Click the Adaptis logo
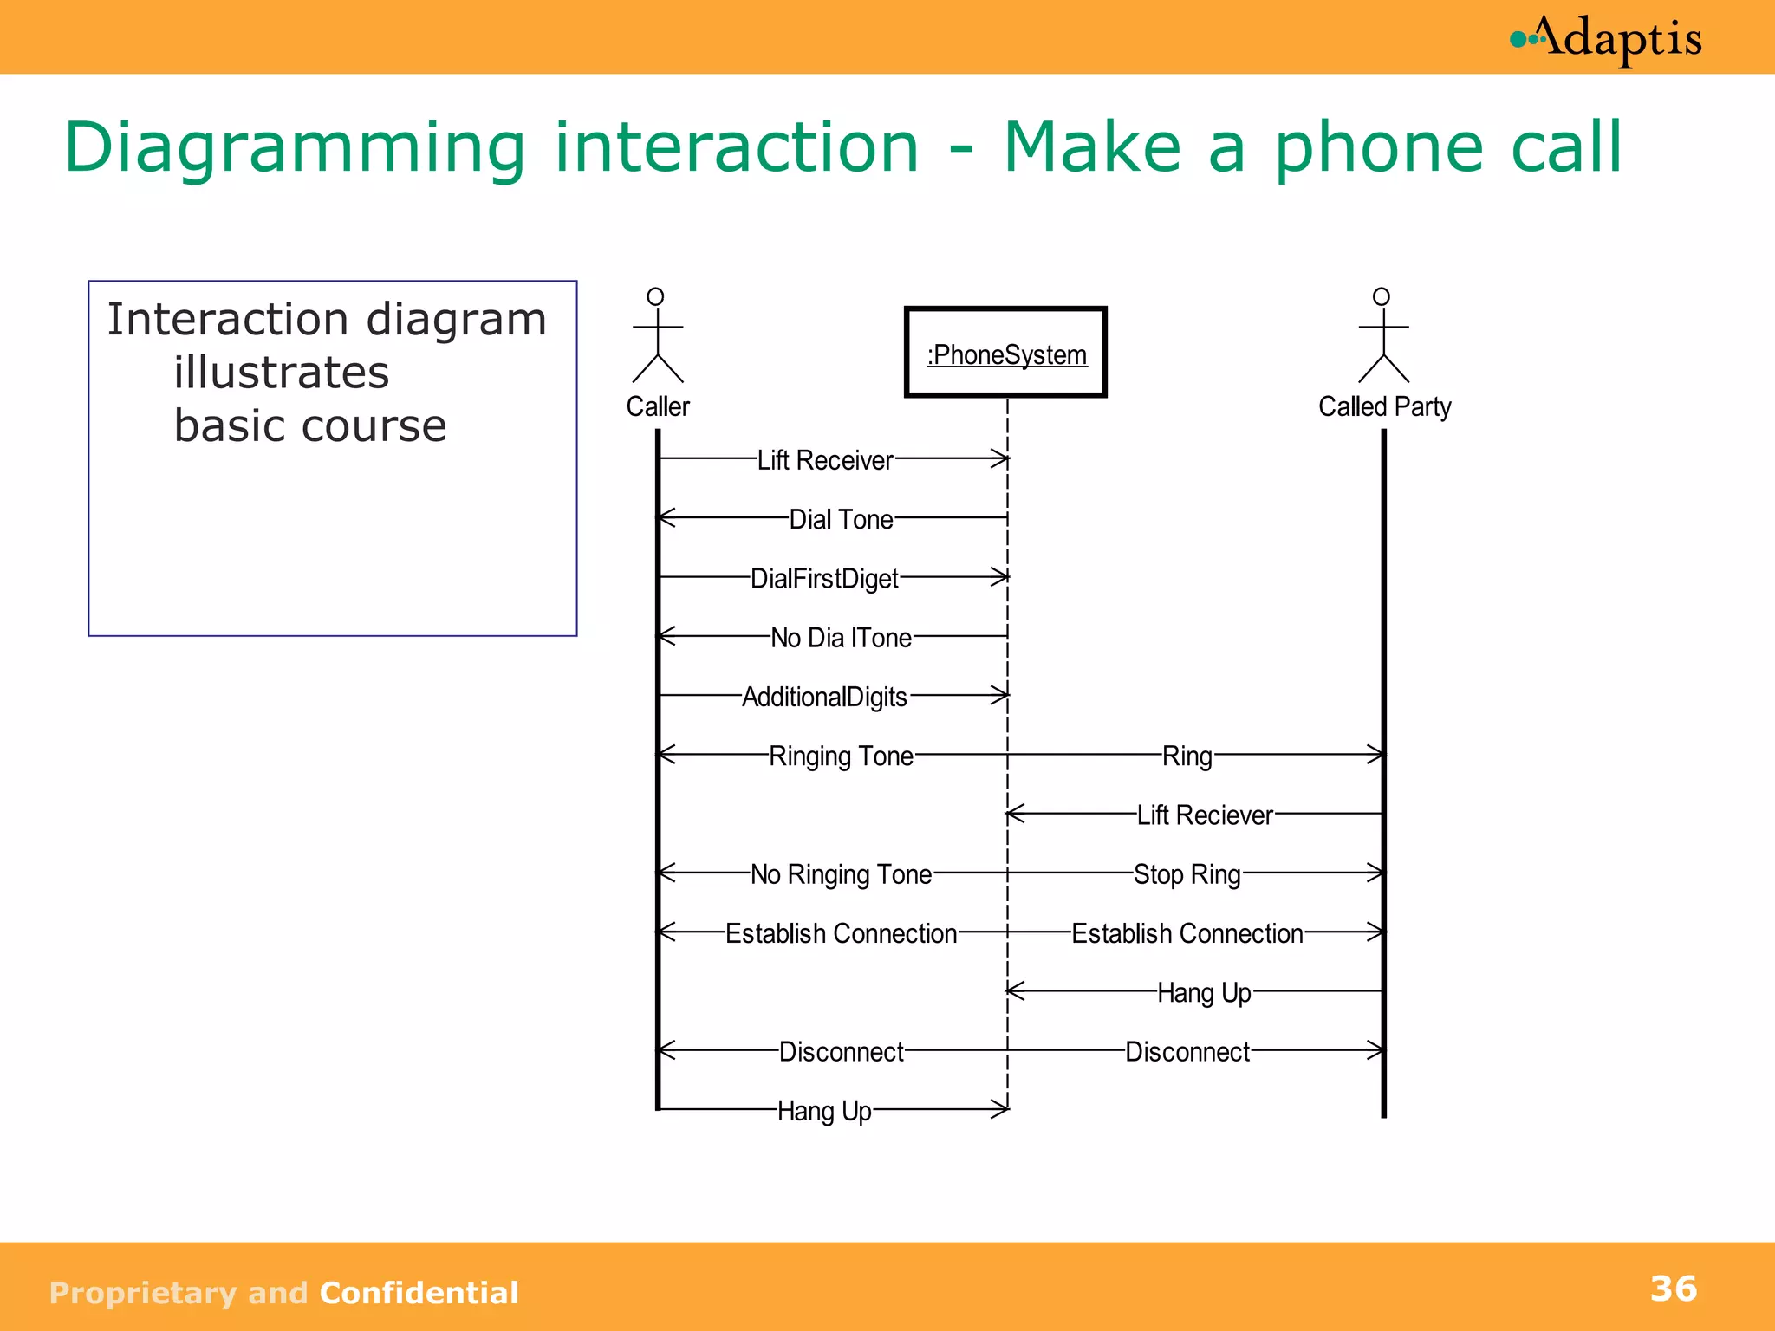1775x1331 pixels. (1606, 39)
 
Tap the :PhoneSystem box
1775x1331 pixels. (1005, 353)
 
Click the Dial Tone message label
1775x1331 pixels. (841, 519)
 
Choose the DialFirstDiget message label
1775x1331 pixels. (824, 578)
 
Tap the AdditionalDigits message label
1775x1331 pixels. (824, 697)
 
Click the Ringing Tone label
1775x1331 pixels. (841, 756)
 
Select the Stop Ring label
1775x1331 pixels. (1187, 874)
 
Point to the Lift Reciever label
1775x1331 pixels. (1205, 815)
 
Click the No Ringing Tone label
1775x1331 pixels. (841, 874)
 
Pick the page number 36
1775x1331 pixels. (1673, 1289)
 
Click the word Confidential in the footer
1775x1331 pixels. (419, 1293)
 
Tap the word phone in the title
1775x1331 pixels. (1379, 147)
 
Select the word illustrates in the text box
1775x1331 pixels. (281, 373)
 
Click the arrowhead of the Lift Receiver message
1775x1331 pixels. (1001, 458)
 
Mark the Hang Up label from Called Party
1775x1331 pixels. (1204, 992)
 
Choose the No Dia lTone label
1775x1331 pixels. (841, 638)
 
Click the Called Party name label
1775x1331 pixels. (1384, 406)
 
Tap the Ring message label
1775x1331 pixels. (1187, 756)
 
